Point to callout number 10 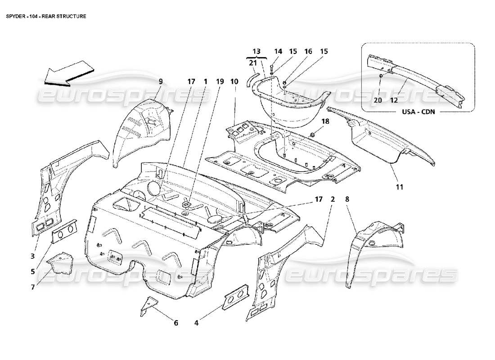(234, 81)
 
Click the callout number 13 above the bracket (256, 52)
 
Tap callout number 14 (278, 52)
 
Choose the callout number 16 (309, 52)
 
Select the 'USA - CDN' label (418, 112)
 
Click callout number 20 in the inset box (378, 100)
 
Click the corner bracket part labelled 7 (61, 264)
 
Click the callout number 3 (33, 256)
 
